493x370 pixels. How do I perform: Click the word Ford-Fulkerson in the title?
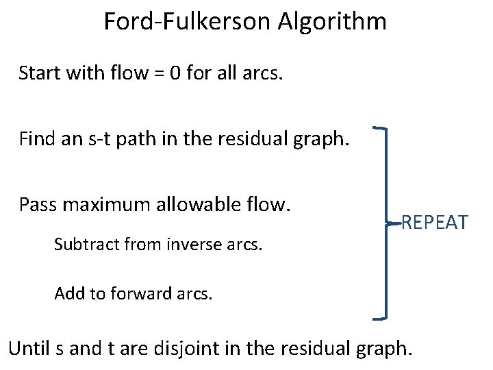(187, 22)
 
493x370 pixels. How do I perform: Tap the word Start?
(39, 73)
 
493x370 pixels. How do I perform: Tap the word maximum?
(103, 205)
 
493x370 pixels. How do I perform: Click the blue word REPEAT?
(434, 223)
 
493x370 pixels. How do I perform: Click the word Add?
(68, 294)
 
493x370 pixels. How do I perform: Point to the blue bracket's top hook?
(381, 127)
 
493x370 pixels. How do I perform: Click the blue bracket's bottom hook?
(381, 317)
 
